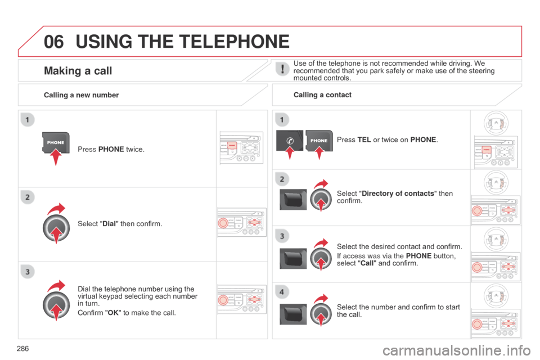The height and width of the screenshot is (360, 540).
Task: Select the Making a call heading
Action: tap(78, 71)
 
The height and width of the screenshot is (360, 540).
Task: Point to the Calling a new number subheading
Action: tap(81, 95)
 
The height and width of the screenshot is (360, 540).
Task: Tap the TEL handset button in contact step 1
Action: tap(289, 141)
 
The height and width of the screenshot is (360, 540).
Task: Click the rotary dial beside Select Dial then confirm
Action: tap(56, 228)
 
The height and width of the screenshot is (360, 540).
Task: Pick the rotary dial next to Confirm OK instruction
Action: tap(56, 304)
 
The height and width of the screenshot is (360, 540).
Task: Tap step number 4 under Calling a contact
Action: tap(281, 292)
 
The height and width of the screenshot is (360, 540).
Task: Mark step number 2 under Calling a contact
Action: tap(281, 179)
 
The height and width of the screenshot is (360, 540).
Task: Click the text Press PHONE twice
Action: tap(111, 150)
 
